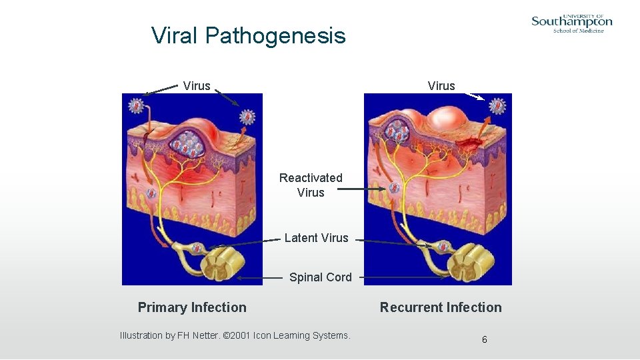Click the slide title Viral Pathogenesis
click(x=248, y=35)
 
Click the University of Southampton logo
click(x=571, y=23)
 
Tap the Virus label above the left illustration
click(x=197, y=86)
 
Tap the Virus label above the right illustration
click(x=441, y=86)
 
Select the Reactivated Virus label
click(x=311, y=185)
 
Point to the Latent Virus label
click(x=316, y=238)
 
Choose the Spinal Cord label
click(x=320, y=277)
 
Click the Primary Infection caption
click(x=192, y=307)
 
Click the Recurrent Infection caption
click(x=441, y=307)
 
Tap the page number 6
click(x=485, y=340)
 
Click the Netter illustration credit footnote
click(x=235, y=335)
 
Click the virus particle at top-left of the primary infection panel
click(x=137, y=105)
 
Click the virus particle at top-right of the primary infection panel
click(x=247, y=117)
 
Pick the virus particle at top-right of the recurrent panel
click(x=498, y=105)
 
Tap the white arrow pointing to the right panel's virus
click(x=475, y=96)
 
